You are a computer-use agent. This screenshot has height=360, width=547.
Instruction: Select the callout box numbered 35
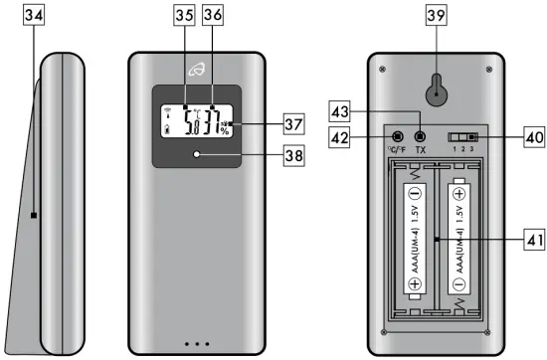click(184, 15)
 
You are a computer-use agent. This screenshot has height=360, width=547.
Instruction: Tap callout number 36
click(213, 15)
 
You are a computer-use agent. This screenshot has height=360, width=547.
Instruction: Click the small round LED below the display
click(199, 155)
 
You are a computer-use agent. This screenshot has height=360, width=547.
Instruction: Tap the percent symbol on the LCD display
click(225, 131)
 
